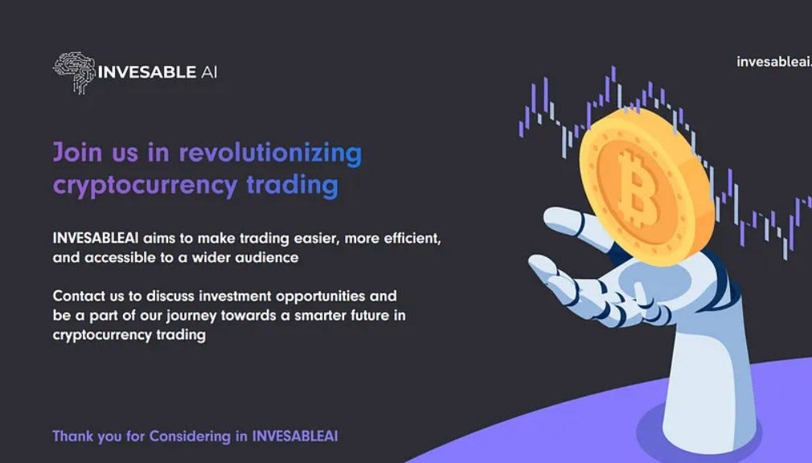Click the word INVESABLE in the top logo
(146, 72)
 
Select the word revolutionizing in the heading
(270, 152)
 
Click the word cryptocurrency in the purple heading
(145, 186)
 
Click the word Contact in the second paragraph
(76, 296)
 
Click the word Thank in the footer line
(71, 436)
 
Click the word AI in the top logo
(208, 72)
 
